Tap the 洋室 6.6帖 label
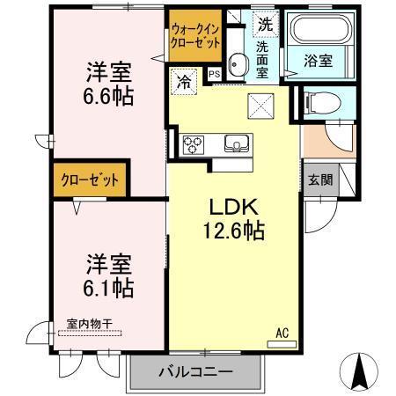pos(109,84)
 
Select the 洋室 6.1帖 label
pos(109,275)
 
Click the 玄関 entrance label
pos(319,180)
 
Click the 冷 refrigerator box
pos(184,82)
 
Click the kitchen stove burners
pos(194,144)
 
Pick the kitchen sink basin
pos(236,144)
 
